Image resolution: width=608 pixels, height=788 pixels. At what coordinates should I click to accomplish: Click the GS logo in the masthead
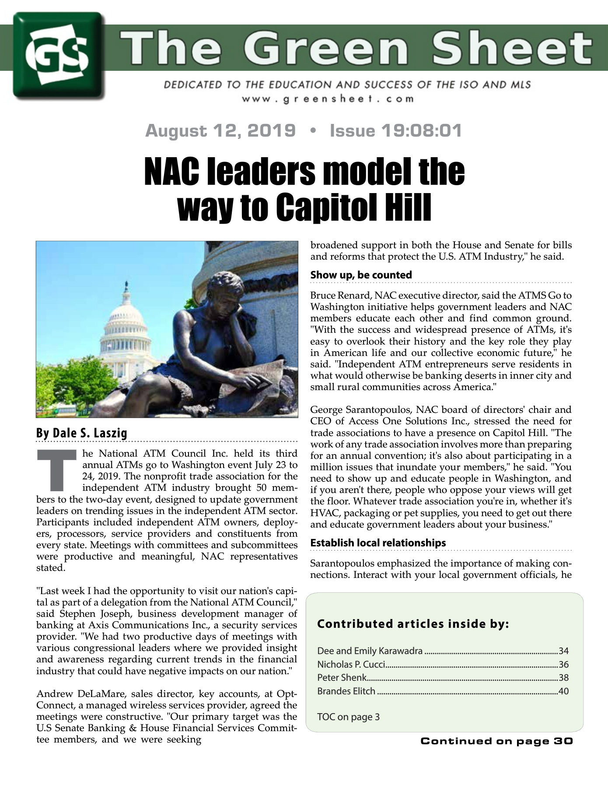(x=58, y=56)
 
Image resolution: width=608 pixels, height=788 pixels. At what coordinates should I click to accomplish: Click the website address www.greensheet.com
(x=328, y=98)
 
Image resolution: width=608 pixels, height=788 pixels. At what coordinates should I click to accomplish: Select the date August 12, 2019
(x=220, y=130)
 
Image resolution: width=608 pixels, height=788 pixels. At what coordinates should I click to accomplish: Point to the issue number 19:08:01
(x=421, y=130)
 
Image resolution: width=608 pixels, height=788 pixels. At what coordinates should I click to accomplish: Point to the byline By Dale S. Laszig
(x=82, y=433)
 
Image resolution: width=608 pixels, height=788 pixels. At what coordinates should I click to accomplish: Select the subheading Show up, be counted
(x=361, y=275)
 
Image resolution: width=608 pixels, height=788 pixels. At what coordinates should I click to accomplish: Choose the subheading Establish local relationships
(x=378, y=543)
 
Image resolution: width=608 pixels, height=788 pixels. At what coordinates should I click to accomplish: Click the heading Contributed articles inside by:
(x=413, y=624)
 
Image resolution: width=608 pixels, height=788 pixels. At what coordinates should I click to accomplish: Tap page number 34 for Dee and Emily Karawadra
(x=563, y=651)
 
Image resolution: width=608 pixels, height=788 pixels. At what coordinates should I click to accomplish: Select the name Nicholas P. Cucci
(x=351, y=665)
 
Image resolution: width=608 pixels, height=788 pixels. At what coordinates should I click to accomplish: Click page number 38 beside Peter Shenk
(x=563, y=678)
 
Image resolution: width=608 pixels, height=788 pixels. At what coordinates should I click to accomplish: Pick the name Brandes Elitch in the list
(x=346, y=691)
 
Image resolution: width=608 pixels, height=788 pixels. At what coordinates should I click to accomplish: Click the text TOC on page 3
(x=348, y=717)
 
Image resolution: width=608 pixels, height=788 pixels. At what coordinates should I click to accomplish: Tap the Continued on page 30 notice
(x=496, y=741)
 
